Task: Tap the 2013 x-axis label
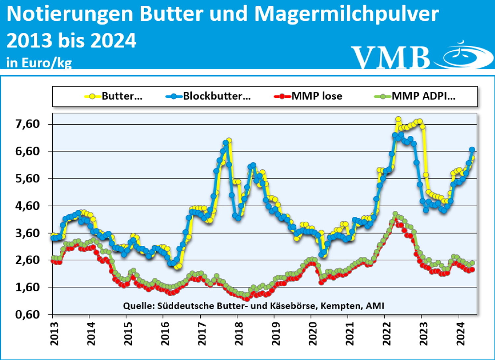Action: [54, 334]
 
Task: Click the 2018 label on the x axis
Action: [239, 334]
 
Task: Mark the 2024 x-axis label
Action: [461, 334]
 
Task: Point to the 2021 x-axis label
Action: [350, 334]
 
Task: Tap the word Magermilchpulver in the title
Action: [346, 14]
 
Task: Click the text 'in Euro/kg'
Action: [39, 62]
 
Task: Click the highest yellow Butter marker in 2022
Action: [398, 119]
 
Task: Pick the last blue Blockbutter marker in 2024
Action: [472, 150]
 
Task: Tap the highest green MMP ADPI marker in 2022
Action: [395, 214]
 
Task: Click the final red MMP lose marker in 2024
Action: [472, 270]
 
